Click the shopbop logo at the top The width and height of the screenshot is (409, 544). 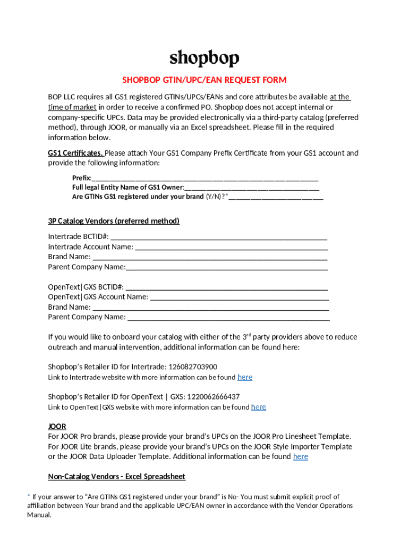tap(204, 58)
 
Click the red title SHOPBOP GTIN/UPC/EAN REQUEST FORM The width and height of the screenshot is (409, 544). tap(204, 80)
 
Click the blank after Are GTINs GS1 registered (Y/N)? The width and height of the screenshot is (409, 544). tap(276, 197)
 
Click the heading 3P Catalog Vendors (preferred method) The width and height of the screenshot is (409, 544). tap(114, 221)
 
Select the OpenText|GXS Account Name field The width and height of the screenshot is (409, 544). tap(240, 297)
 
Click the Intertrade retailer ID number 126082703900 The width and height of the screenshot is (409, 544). tap(193, 367)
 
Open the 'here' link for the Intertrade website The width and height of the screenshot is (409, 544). tap(245, 377)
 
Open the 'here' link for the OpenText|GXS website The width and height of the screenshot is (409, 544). tap(259, 407)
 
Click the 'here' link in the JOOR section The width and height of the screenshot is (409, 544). tap(301, 457)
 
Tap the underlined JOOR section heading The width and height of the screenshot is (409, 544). tap(57, 427)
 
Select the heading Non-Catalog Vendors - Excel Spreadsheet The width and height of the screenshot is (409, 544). tap(117, 477)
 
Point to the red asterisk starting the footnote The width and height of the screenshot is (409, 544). tap(29, 496)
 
